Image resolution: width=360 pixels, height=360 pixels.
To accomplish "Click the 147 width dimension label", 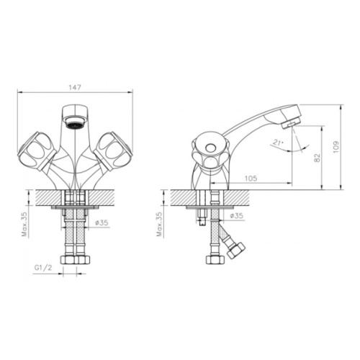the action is pos(75,87).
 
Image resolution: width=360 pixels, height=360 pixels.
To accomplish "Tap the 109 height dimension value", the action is pos(336,147).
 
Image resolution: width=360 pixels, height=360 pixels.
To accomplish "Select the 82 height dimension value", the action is pos(317,158).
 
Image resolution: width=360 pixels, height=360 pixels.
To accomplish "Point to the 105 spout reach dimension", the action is pos(251,179).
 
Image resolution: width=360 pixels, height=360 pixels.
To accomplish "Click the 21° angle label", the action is pos(278,143).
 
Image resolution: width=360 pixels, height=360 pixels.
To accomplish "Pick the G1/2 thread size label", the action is pos(43,268).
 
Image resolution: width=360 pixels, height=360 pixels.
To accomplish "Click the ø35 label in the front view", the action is pos(102,222).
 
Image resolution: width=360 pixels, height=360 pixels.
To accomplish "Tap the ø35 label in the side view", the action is pos(236,215).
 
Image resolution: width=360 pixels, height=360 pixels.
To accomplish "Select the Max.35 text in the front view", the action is pos(24,225).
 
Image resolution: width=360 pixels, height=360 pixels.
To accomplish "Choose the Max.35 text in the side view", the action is pos(159,224).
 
